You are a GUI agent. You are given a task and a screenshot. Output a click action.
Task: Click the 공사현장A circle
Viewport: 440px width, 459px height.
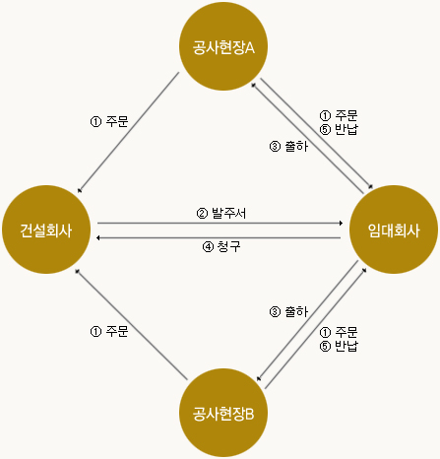pos(223,46)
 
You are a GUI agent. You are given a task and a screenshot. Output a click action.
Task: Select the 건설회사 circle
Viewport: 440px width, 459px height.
pos(46,229)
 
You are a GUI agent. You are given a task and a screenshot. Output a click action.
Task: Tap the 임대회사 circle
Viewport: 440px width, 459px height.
pos(394,229)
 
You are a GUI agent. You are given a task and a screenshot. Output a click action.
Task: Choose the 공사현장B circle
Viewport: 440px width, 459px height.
pos(223,413)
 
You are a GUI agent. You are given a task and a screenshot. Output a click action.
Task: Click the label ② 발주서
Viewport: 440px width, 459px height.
pos(221,213)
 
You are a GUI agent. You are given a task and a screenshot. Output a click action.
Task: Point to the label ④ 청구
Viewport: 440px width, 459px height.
pos(221,246)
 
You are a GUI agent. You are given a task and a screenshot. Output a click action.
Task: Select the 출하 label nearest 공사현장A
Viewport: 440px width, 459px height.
pos(288,146)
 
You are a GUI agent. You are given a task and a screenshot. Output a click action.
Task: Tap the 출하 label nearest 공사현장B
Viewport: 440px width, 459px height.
pos(288,311)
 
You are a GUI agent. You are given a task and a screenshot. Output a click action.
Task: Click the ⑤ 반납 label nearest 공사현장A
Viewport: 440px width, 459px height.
pos(339,129)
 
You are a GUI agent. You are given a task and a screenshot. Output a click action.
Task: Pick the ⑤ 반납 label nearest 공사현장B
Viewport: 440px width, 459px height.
pos(339,346)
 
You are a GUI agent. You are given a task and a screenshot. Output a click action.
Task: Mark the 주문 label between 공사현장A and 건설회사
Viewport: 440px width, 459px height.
pos(109,121)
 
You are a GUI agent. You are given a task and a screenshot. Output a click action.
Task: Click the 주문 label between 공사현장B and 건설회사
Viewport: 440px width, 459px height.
pos(109,331)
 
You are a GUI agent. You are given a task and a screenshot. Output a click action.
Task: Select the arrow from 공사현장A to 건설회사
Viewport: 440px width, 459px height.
pos(129,132)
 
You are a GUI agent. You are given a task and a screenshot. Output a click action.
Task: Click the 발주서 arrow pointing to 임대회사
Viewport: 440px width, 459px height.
pos(220,224)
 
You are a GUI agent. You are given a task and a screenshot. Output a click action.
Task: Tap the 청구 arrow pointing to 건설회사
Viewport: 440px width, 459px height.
pos(219,237)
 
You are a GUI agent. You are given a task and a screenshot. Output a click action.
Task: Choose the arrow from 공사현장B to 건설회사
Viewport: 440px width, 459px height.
pos(131,325)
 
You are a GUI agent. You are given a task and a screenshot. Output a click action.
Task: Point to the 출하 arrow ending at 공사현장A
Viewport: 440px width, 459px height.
pos(307,138)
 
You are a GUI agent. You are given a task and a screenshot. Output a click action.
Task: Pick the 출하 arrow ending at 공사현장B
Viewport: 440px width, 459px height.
pos(307,321)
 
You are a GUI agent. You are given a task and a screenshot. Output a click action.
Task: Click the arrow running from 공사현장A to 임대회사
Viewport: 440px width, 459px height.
pos(317,134)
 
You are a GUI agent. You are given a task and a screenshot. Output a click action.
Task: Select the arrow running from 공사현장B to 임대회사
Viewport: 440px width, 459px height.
pos(316,328)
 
